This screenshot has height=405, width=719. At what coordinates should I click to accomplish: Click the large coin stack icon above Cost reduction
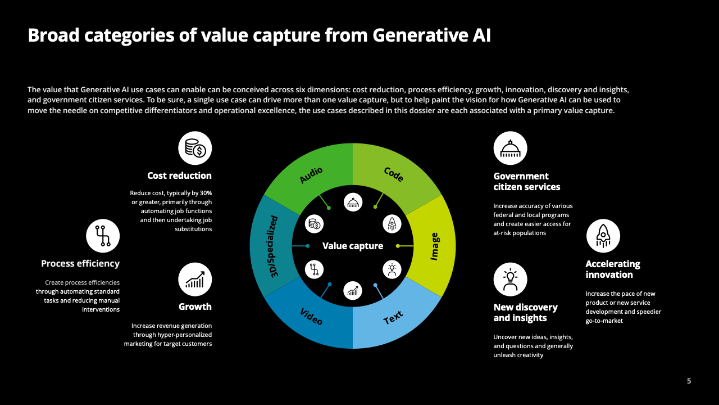(195, 148)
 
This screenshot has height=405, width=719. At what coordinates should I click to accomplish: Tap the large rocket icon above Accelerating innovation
(603, 236)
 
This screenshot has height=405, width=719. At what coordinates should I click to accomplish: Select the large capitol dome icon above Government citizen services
(511, 148)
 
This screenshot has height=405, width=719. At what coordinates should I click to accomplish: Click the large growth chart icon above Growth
(195, 280)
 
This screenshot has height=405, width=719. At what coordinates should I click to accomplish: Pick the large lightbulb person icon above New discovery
(511, 280)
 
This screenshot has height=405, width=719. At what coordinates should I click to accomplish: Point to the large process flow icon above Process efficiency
(103, 236)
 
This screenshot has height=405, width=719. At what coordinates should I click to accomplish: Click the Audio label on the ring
(311, 175)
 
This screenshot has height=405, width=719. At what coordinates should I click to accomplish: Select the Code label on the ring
(394, 174)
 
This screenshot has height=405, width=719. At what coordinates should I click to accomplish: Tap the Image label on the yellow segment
(434, 246)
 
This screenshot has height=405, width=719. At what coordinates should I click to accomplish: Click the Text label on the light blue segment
(393, 318)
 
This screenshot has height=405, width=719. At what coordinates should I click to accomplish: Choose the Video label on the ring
(311, 317)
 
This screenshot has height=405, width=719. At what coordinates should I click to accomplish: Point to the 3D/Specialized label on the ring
(274, 246)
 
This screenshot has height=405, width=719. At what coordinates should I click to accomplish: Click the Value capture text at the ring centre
(353, 246)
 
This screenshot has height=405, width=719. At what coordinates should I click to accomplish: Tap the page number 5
(689, 381)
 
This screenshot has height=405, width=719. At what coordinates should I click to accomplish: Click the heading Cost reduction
(179, 175)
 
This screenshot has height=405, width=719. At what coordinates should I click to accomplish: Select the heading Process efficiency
(80, 264)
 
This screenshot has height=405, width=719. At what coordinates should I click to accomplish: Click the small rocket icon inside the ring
(392, 224)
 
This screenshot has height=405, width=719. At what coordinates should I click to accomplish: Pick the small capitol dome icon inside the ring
(353, 202)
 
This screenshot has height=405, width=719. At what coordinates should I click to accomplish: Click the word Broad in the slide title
(53, 35)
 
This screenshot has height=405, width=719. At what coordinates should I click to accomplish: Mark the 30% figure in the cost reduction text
(206, 193)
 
